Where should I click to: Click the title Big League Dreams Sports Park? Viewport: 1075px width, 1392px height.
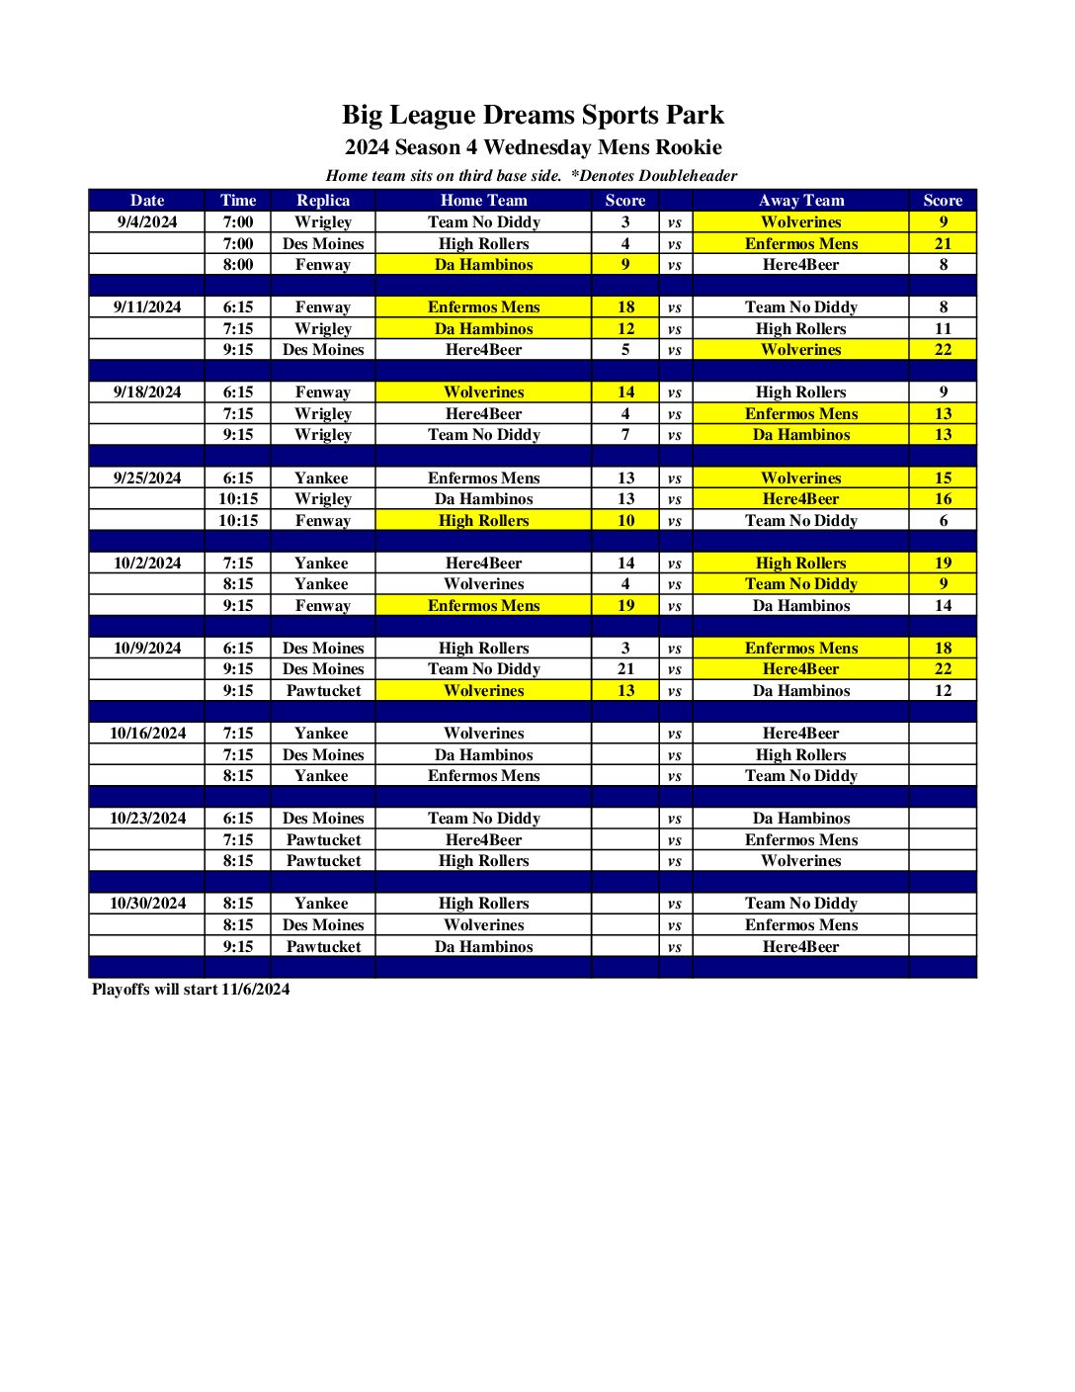pyautogui.click(x=533, y=116)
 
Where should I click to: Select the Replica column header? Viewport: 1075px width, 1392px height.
pyautogui.click(x=323, y=200)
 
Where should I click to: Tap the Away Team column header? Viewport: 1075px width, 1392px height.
pyautogui.click(x=800, y=200)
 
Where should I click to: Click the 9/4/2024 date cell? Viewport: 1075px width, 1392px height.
pyautogui.click(x=147, y=221)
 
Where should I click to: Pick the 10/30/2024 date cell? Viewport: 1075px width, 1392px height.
pyautogui.click(x=147, y=903)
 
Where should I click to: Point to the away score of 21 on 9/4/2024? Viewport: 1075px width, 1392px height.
pyautogui.click(x=943, y=243)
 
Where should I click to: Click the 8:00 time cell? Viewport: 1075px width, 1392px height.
pyautogui.click(x=237, y=264)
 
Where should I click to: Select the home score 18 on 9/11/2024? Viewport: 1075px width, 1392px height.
pyautogui.click(x=625, y=306)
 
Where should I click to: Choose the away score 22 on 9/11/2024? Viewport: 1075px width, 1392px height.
pyautogui.click(x=943, y=349)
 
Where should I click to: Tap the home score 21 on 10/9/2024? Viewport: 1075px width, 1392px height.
pyautogui.click(x=625, y=668)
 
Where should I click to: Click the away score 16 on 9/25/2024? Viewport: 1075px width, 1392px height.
pyautogui.click(x=943, y=498)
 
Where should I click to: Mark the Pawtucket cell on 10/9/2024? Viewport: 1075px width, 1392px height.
pyautogui.click(x=323, y=690)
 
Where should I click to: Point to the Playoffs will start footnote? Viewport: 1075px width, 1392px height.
pyautogui.click(x=191, y=989)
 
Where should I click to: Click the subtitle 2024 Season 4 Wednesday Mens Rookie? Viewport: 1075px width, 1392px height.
pyautogui.click(x=533, y=148)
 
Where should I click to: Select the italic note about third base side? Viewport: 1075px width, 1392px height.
pyautogui.click(x=532, y=176)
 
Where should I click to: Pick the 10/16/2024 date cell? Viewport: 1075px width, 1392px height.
pyautogui.click(x=147, y=733)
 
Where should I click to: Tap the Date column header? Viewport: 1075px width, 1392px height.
pyautogui.click(x=147, y=200)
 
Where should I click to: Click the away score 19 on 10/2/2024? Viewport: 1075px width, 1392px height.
pyautogui.click(x=943, y=563)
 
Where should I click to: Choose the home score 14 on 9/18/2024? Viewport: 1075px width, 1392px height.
pyautogui.click(x=625, y=391)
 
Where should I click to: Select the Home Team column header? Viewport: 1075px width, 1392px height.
pyautogui.click(x=483, y=200)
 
